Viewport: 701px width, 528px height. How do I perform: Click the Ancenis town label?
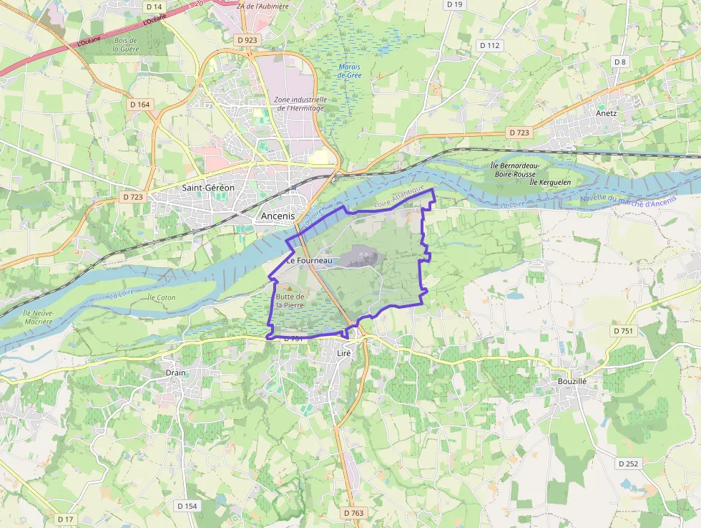[278, 216]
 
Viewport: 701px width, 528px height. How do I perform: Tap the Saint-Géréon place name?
[208, 188]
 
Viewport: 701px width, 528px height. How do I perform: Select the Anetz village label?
[606, 112]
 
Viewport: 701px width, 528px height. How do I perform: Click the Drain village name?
[175, 373]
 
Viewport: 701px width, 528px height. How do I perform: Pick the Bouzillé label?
[572, 382]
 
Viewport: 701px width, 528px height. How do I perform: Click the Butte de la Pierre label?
[290, 301]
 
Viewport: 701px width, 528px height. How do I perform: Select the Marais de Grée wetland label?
[350, 71]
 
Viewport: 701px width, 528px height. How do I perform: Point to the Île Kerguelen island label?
[550, 182]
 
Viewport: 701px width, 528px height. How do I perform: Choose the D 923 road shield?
[246, 40]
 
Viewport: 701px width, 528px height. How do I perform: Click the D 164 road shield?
[140, 105]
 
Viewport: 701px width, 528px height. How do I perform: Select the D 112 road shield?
[490, 45]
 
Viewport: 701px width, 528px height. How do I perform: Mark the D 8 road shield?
[619, 62]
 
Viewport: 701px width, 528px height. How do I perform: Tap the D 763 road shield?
[353, 513]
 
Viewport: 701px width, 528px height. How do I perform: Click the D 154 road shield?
[187, 506]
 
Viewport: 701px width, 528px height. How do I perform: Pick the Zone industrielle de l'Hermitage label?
[299, 104]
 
